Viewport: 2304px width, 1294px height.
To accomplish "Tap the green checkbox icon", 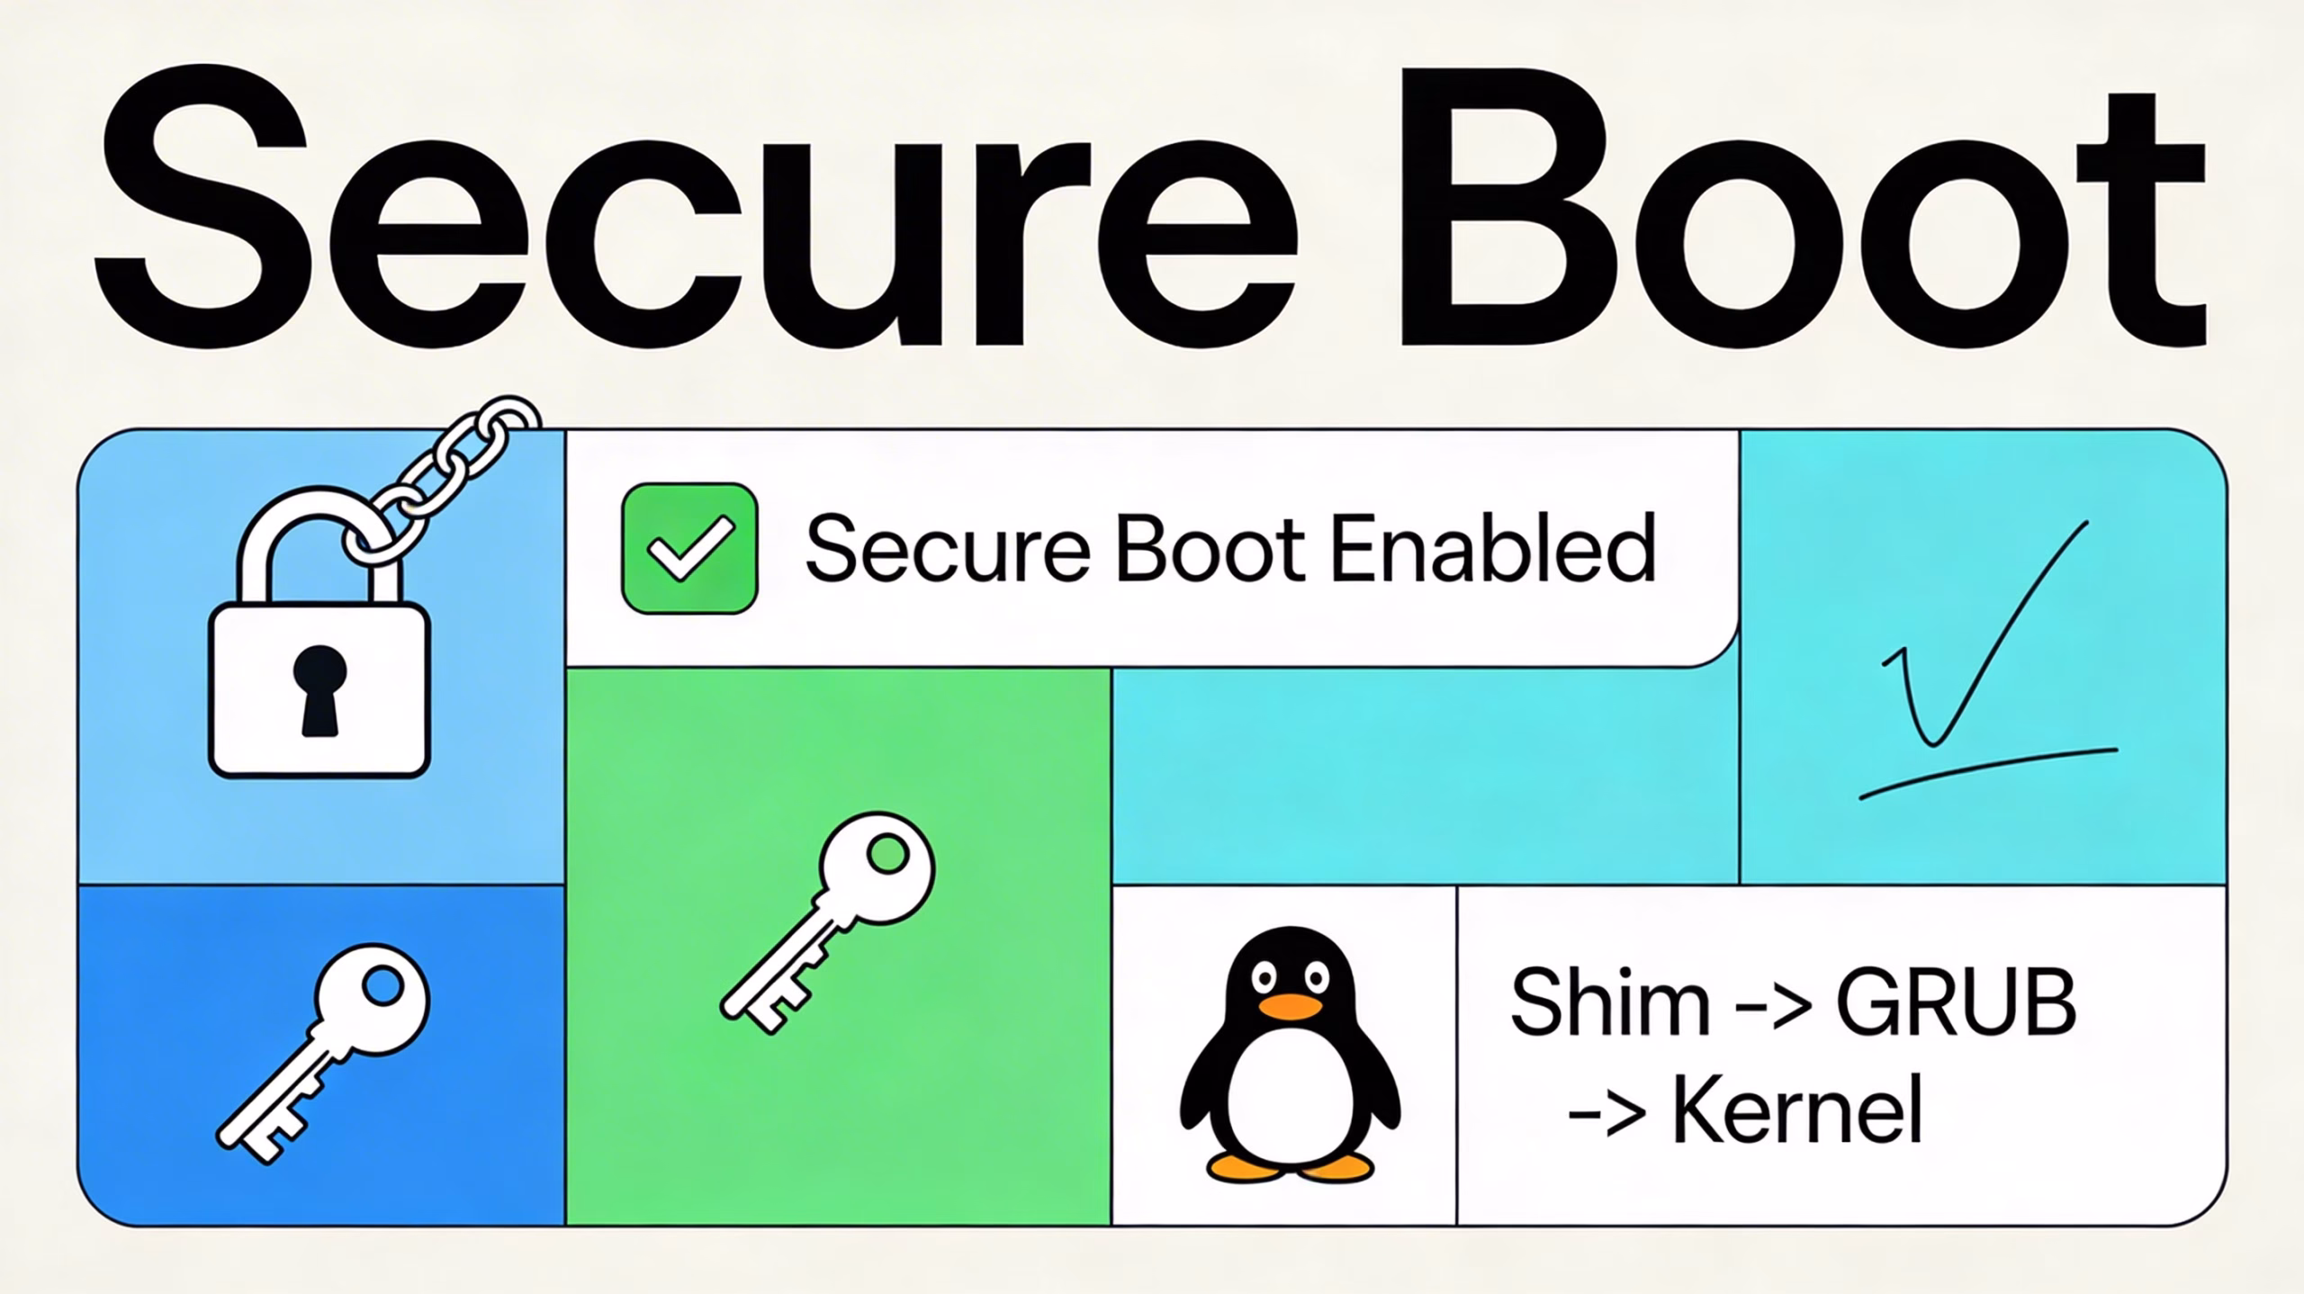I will click(689, 549).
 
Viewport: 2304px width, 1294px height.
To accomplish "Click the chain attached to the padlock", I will click(450, 468).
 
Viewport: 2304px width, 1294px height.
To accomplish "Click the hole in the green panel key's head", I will click(889, 853).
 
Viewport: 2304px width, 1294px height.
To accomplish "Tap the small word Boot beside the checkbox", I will click(1210, 547).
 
